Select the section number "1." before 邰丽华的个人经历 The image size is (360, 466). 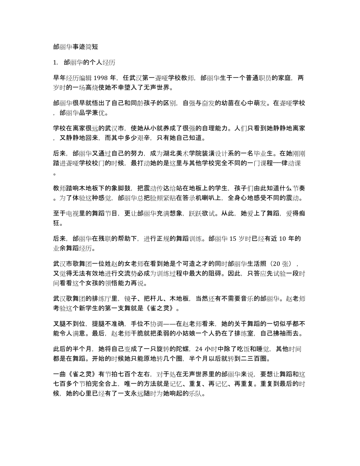point(55,62)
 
